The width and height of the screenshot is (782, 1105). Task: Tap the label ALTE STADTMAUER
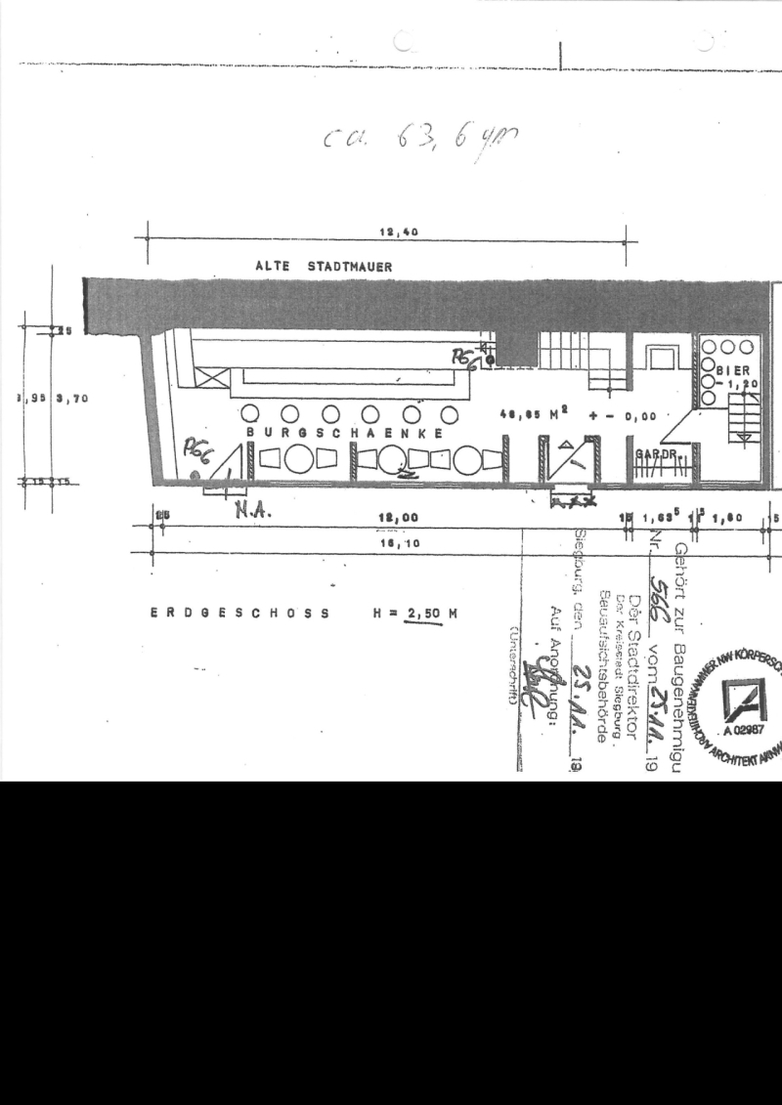click(x=324, y=266)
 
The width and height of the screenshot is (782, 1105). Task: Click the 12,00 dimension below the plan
click(x=398, y=518)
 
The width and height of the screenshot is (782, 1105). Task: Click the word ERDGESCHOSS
click(x=239, y=614)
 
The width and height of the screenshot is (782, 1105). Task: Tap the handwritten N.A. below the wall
click(x=251, y=507)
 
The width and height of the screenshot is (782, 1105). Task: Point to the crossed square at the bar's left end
click(x=213, y=377)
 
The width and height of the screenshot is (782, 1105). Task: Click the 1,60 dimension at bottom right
click(x=733, y=518)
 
